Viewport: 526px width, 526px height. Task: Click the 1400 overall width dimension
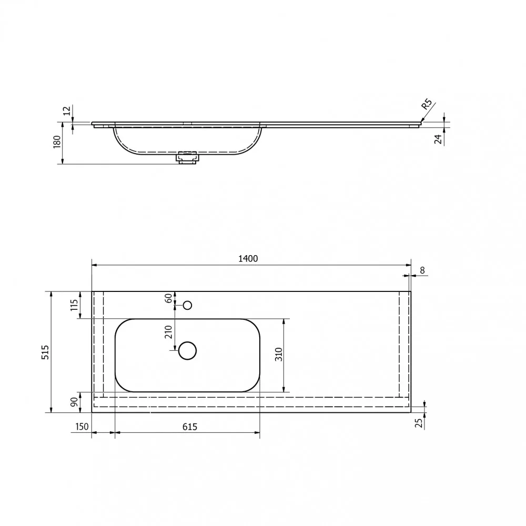coord(248,259)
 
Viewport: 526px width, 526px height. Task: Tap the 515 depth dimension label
coord(45,352)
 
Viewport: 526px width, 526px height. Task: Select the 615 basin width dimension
coord(190,427)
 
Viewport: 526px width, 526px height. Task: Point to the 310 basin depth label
coord(279,354)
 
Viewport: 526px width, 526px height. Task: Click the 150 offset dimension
coord(82,427)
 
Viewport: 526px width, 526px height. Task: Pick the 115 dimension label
coord(74,305)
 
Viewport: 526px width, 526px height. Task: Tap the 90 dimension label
coord(74,402)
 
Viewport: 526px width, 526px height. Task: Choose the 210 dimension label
coord(168,332)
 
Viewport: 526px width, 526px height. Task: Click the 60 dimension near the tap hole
coord(168,298)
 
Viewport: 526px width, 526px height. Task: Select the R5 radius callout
coord(427,104)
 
